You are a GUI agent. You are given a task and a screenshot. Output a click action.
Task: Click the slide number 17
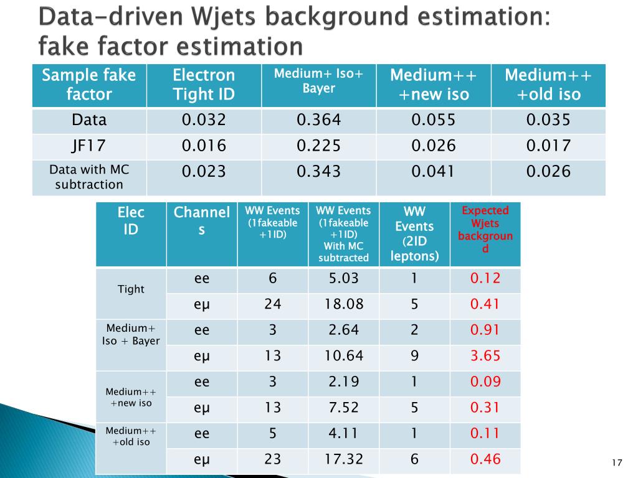click(x=617, y=462)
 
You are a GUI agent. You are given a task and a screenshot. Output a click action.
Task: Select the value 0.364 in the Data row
click(x=318, y=120)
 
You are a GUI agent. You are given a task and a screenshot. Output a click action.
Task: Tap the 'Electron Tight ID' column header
click(x=204, y=85)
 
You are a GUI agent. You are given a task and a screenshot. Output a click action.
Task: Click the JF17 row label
click(x=89, y=146)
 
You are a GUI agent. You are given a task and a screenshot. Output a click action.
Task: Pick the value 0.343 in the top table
click(x=318, y=171)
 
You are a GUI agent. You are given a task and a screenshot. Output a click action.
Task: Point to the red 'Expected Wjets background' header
click(x=485, y=229)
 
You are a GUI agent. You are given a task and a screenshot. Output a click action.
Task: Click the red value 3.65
click(x=485, y=356)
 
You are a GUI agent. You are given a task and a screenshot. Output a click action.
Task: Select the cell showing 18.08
click(x=343, y=304)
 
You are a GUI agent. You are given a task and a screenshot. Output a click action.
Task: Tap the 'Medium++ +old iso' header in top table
click(x=548, y=85)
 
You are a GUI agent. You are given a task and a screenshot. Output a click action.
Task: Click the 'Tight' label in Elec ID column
click(x=131, y=289)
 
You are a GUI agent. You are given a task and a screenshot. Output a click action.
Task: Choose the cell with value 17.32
click(x=343, y=459)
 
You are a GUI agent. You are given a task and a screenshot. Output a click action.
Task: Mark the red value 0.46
click(x=485, y=459)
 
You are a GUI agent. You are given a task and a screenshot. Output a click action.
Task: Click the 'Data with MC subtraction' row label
click(x=89, y=177)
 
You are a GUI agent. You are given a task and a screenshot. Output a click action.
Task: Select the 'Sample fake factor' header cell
click(x=89, y=85)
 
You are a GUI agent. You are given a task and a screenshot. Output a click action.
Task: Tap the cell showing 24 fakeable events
click(x=272, y=304)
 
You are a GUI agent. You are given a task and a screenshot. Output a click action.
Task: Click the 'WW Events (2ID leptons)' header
click(x=414, y=233)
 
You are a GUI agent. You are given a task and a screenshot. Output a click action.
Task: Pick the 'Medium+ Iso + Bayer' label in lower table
click(x=131, y=334)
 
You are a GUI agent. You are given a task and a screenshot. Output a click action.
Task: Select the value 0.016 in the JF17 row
click(x=204, y=146)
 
